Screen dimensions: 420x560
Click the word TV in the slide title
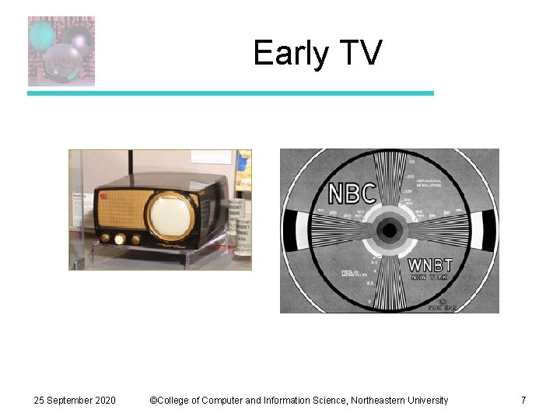pos(361,54)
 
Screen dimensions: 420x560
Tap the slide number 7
pos(523,400)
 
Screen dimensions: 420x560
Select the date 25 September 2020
pos(75,400)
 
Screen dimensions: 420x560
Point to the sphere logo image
pos(61,51)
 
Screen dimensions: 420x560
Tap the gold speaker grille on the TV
pos(124,208)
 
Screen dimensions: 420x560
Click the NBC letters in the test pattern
pos(352,194)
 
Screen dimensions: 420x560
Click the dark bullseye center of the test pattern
pos(390,230)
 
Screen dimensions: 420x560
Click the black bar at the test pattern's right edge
pos(488,230)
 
